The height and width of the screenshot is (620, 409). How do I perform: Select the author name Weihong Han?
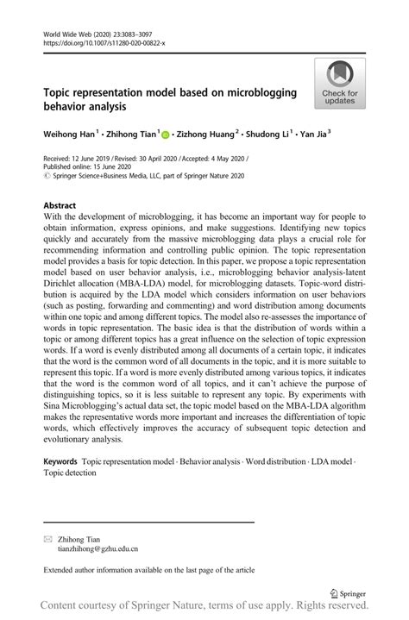pos(68,135)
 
